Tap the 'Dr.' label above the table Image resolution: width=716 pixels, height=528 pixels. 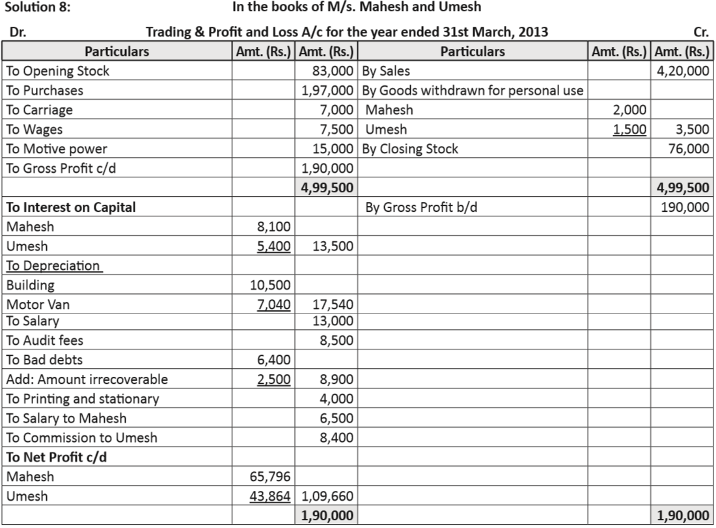pos(18,32)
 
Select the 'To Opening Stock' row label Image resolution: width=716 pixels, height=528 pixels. pos(57,71)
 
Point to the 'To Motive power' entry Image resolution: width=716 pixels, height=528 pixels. pos(57,149)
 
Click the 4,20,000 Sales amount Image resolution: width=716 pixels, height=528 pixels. pos(683,71)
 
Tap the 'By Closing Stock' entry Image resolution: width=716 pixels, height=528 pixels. pos(409,149)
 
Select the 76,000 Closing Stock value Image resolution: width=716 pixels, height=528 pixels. pos(689,149)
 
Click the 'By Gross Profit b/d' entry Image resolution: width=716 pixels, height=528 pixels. pos(423,207)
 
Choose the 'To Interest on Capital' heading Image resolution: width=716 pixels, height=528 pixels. pos(71,207)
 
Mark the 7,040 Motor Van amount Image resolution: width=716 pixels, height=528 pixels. pos(274,304)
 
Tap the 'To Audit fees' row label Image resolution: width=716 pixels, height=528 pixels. pos(45,340)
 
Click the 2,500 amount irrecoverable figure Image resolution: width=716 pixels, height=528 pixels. pos(274,379)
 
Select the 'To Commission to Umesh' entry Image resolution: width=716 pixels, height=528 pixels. pos(81,437)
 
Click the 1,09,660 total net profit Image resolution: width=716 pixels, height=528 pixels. pos(327,496)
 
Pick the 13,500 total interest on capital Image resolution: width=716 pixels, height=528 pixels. pos(333,246)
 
